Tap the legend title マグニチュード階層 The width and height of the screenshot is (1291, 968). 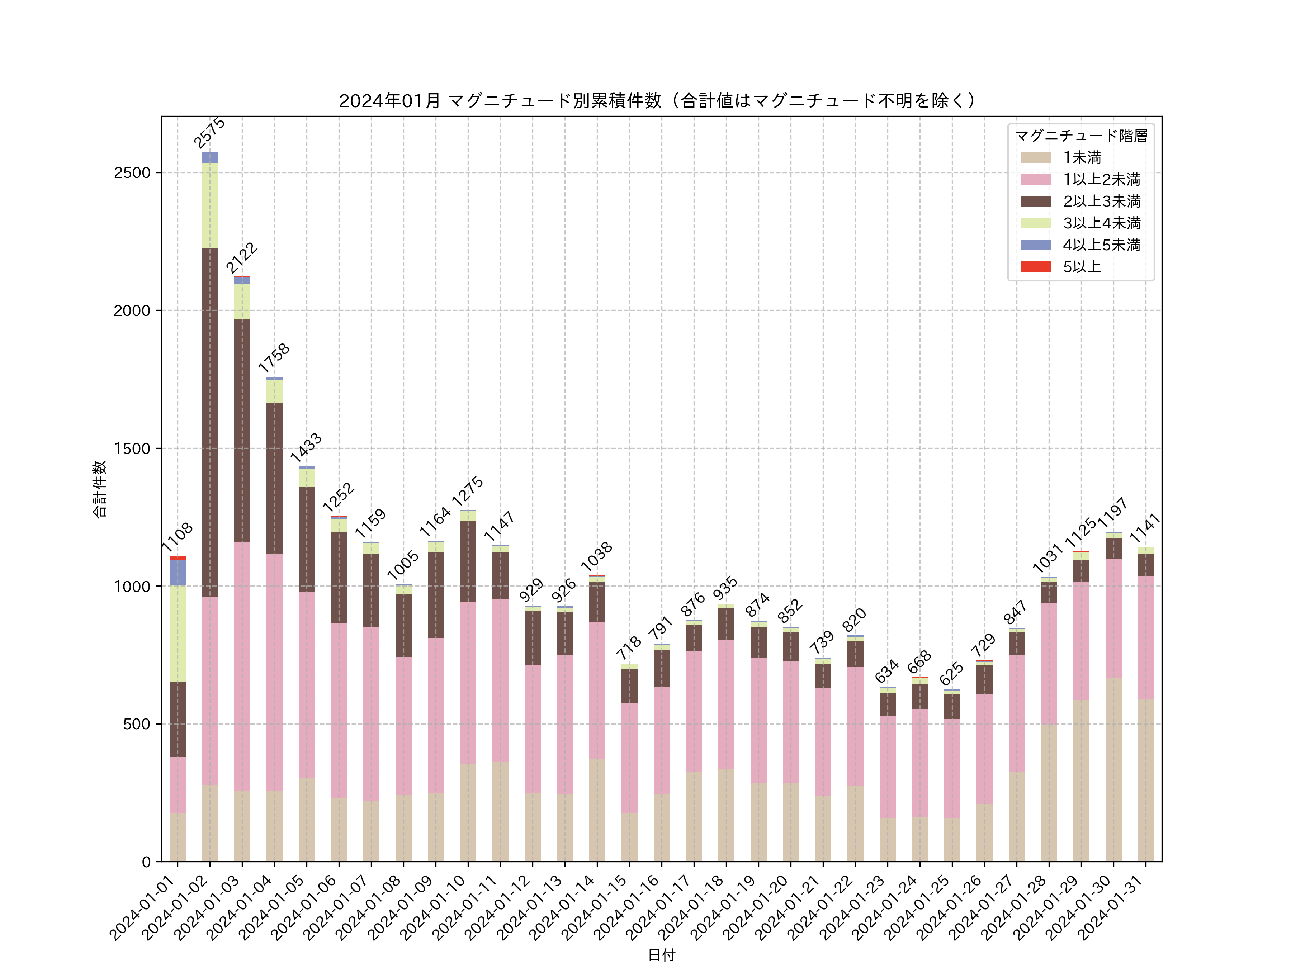pyautogui.click(x=1081, y=136)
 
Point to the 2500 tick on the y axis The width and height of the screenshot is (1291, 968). pyautogui.click(x=132, y=173)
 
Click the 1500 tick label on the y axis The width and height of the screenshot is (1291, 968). pyautogui.click(x=132, y=449)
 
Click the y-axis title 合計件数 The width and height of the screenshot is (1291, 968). pyautogui.click(x=99, y=489)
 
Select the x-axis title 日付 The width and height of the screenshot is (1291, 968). pyautogui.click(x=661, y=955)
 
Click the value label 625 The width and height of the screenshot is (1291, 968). pyautogui.click(x=951, y=674)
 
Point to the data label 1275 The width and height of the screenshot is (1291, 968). pyautogui.click(x=468, y=491)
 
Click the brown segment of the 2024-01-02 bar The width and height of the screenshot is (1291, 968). pyautogui.click(x=210, y=422)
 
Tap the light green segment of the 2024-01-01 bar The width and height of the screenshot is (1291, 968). pyautogui.click(x=178, y=634)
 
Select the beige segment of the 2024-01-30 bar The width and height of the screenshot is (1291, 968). pyautogui.click(x=1113, y=770)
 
